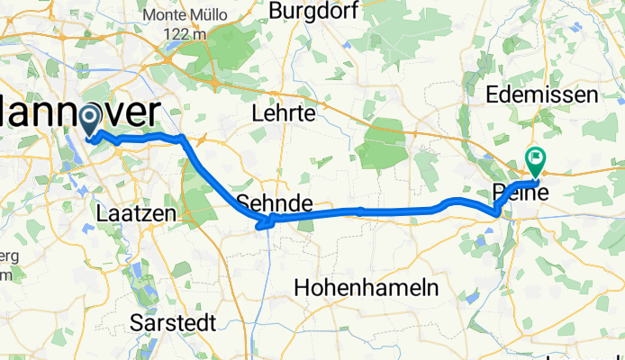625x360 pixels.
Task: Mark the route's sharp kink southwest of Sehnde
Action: coord(262,222)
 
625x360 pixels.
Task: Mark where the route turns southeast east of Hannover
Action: coord(183,138)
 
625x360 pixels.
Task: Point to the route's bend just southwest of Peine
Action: coord(496,211)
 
